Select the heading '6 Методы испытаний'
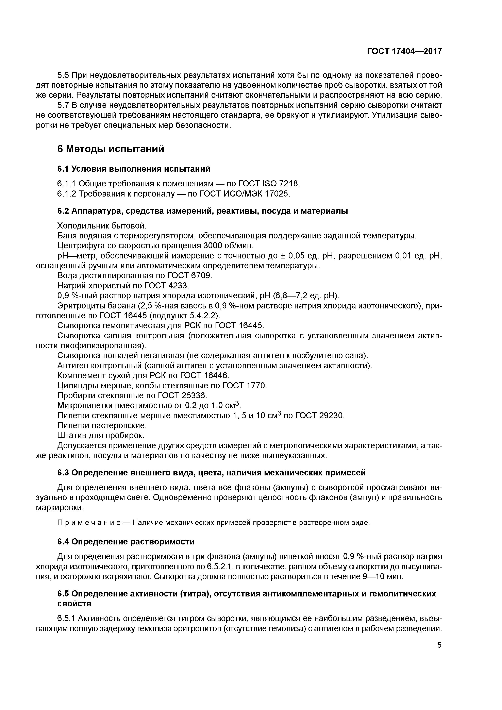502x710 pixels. (x=111, y=149)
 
